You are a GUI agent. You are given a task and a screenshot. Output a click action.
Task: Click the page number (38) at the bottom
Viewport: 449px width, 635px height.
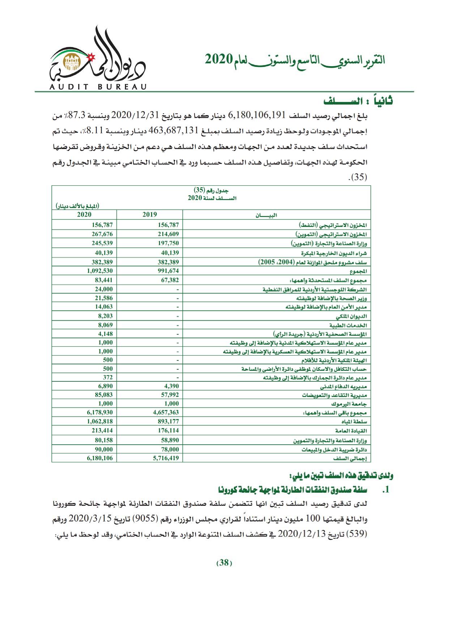(x=224, y=563)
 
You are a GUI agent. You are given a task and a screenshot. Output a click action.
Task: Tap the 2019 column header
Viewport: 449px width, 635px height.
(x=149, y=215)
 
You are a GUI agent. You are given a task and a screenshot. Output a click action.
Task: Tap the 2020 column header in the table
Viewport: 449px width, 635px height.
(x=84, y=215)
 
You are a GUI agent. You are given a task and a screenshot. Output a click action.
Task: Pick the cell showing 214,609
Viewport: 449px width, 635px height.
(x=168, y=234)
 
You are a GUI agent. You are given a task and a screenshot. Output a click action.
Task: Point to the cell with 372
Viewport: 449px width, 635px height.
(x=108, y=377)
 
